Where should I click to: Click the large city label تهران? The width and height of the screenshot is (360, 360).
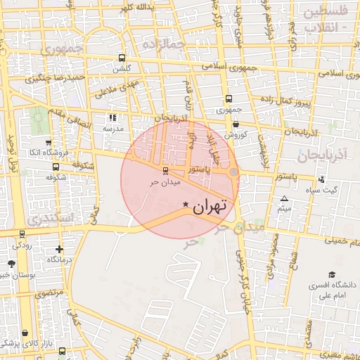click(x=210, y=206)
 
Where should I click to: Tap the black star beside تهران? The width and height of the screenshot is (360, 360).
click(x=186, y=205)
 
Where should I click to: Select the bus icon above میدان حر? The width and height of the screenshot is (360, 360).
click(x=165, y=170)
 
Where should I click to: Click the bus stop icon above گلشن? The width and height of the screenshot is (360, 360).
click(x=122, y=58)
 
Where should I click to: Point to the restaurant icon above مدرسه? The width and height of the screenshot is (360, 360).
click(x=112, y=117)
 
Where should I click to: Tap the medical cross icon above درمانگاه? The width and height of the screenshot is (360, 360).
click(x=59, y=249)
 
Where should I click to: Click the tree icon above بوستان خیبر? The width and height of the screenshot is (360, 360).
click(x=12, y=264)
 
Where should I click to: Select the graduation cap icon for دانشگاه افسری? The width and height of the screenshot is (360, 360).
click(x=331, y=274)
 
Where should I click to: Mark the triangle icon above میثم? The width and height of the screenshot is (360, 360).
click(x=284, y=199)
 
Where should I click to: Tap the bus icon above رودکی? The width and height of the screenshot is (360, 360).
click(x=22, y=234)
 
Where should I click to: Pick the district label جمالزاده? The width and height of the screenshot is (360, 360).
click(x=162, y=46)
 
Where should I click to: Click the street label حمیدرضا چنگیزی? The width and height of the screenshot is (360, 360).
click(x=56, y=77)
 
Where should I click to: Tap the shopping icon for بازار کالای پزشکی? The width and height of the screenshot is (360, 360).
click(x=25, y=333)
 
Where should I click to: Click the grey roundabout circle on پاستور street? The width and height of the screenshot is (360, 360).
click(x=234, y=172)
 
